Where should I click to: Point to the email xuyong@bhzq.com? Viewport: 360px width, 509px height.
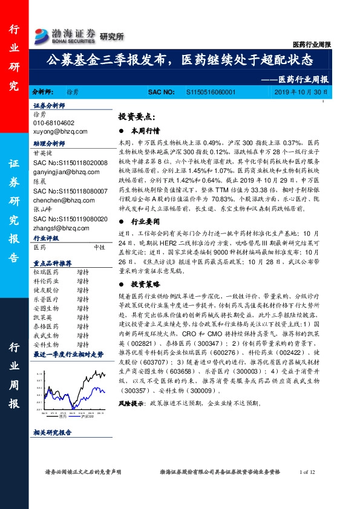pos(61,131)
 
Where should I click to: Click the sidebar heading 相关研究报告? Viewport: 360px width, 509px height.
pos(52,432)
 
